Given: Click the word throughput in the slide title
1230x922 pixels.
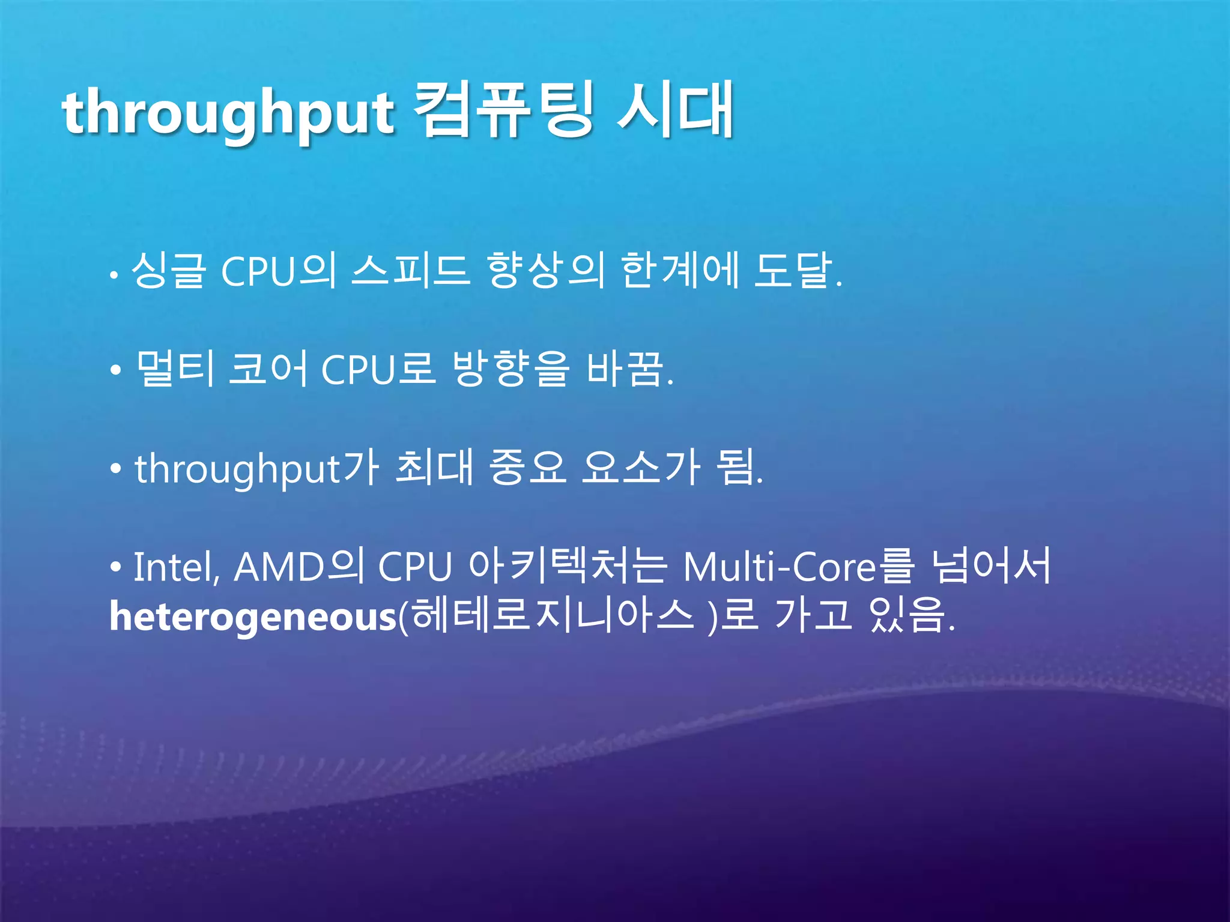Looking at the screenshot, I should click(x=228, y=114).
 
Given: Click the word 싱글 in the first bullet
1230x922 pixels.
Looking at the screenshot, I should click(x=169, y=270).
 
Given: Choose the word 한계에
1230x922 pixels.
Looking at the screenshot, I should click(x=679, y=270).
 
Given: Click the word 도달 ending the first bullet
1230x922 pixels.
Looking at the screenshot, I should click(x=793, y=270).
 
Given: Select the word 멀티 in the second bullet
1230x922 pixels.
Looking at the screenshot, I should click(x=175, y=369).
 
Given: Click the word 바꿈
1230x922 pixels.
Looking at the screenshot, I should click(x=625, y=369).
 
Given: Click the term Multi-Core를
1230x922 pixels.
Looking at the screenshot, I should click(x=799, y=567).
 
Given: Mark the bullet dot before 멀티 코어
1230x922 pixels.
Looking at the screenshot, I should click(x=116, y=371).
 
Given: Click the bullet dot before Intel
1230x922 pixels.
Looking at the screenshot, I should click(x=116, y=568).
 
